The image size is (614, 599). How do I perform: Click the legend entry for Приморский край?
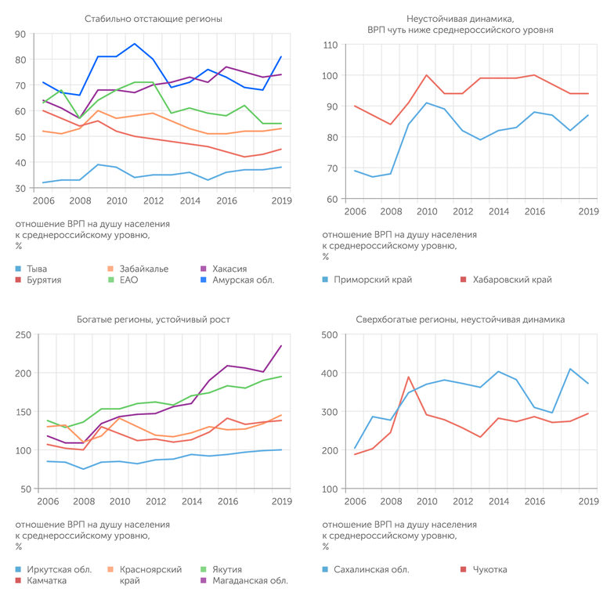(373, 280)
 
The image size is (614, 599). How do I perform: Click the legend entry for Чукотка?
(489, 569)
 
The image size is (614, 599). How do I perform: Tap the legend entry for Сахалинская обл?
(371, 569)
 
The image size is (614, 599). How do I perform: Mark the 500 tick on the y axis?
(330, 335)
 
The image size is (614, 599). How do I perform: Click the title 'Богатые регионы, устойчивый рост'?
(153, 319)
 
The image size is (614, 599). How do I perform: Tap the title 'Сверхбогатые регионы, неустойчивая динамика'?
(460, 319)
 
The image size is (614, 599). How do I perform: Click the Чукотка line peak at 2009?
(409, 377)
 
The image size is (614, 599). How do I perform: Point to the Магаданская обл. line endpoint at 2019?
(281, 346)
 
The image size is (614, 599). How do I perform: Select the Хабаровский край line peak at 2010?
(426, 75)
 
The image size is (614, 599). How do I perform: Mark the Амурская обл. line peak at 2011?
(135, 44)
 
